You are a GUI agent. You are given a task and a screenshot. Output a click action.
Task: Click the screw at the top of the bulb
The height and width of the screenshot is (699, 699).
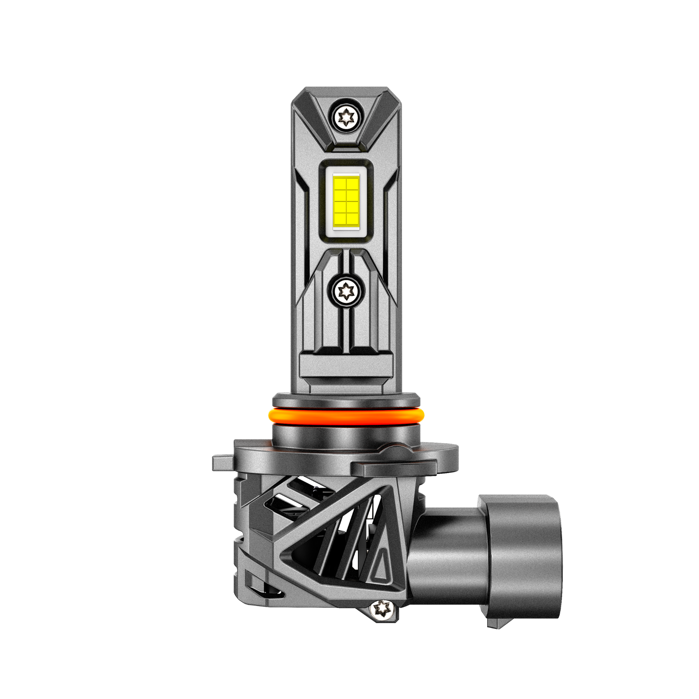pos(346,116)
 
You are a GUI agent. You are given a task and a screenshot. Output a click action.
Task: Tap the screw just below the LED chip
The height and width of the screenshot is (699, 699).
pos(346,291)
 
